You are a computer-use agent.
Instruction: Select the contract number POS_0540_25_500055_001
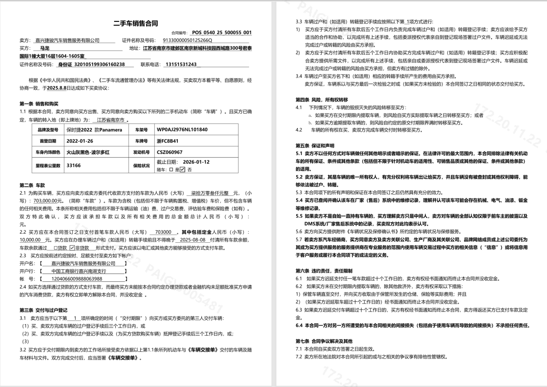[x=221, y=33]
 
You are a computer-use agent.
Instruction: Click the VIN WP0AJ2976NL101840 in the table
[x=182, y=130]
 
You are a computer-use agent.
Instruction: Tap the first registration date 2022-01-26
[x=80, y=141]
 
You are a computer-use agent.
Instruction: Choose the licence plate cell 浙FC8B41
[x=168, y=141]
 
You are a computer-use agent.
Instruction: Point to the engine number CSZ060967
[x=170, y=152]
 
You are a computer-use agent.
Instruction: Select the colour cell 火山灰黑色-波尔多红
[x=88, y=152]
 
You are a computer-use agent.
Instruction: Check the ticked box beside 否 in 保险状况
[x=182, y=170]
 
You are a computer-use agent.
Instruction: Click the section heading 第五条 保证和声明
[x=315, y=145]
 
